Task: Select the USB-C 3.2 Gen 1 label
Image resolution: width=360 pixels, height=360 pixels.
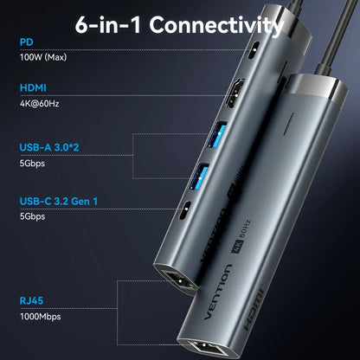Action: [59, 201]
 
